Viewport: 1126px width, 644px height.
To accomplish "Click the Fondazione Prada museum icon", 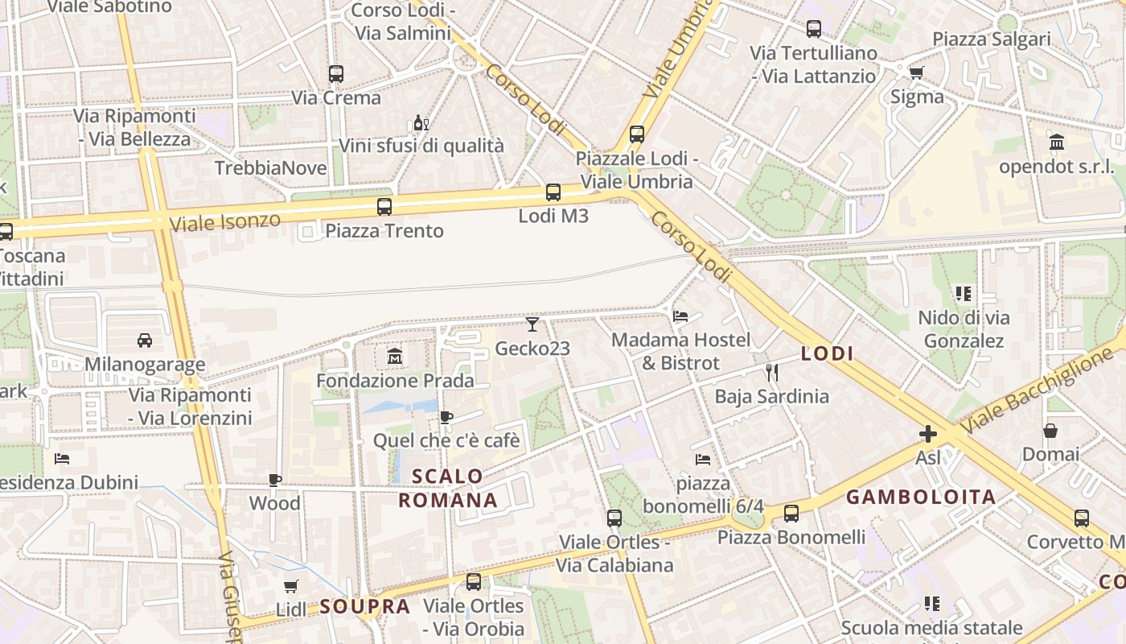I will pos(395,356).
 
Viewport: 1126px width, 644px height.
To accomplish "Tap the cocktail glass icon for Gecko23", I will pos(532,324).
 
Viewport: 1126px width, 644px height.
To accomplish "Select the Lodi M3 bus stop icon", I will pos(553,192).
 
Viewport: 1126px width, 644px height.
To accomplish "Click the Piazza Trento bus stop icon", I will pos(384,206).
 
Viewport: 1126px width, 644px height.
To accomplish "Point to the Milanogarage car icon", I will pos(145,340).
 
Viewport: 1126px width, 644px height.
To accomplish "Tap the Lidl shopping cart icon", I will pos(291,586).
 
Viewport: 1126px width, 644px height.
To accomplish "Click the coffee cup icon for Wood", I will pos(275,480).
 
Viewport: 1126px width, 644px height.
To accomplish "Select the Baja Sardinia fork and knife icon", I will pos(772,372).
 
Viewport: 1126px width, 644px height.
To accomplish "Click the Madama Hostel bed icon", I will pos(680,316).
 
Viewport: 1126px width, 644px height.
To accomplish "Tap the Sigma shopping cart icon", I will pos(916,72).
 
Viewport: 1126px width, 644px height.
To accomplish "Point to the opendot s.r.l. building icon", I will pos(1057,142).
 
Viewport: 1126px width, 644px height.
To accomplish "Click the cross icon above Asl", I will pos(928,435).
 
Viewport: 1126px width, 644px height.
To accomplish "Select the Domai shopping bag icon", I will pos(1050,431).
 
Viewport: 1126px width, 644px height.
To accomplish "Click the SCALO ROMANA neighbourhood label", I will pos(448,488).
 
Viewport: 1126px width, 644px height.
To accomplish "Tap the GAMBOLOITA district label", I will pos(922,497).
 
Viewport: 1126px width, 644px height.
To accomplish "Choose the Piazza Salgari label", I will pos(992,39).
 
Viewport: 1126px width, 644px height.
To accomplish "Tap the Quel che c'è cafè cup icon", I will pos(446,417).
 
